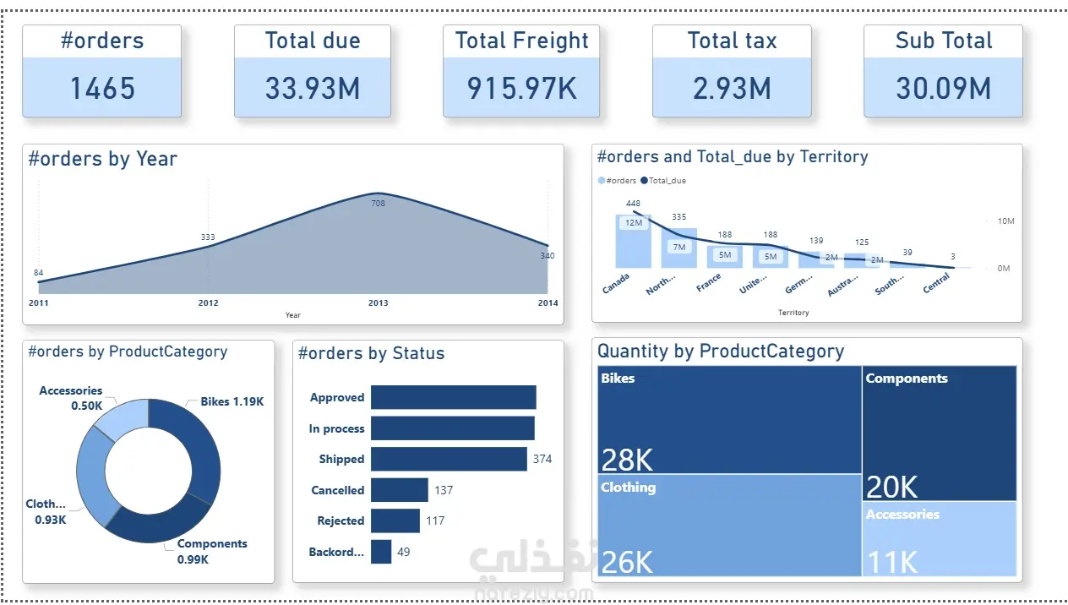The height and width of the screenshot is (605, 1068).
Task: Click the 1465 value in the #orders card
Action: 102,88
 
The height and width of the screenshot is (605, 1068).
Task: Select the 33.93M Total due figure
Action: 313,88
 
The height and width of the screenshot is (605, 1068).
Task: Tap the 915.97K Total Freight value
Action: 521,88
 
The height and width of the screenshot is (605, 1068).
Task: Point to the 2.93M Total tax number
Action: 732,88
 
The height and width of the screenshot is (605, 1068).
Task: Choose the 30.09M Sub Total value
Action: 943,88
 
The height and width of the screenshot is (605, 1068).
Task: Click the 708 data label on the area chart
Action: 379,203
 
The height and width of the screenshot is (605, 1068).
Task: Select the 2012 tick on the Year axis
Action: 208,302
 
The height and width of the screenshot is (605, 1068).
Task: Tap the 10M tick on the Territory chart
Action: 1005,221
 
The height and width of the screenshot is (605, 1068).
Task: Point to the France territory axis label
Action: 708,282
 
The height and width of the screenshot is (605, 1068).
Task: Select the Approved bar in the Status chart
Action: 453,397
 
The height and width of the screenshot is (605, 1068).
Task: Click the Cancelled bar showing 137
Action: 399,490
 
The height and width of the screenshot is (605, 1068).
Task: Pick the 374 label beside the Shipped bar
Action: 542,459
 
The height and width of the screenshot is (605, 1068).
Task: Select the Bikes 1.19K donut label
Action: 232,401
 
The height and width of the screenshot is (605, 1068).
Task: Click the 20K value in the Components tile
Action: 891,487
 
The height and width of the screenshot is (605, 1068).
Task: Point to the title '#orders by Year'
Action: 102,159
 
